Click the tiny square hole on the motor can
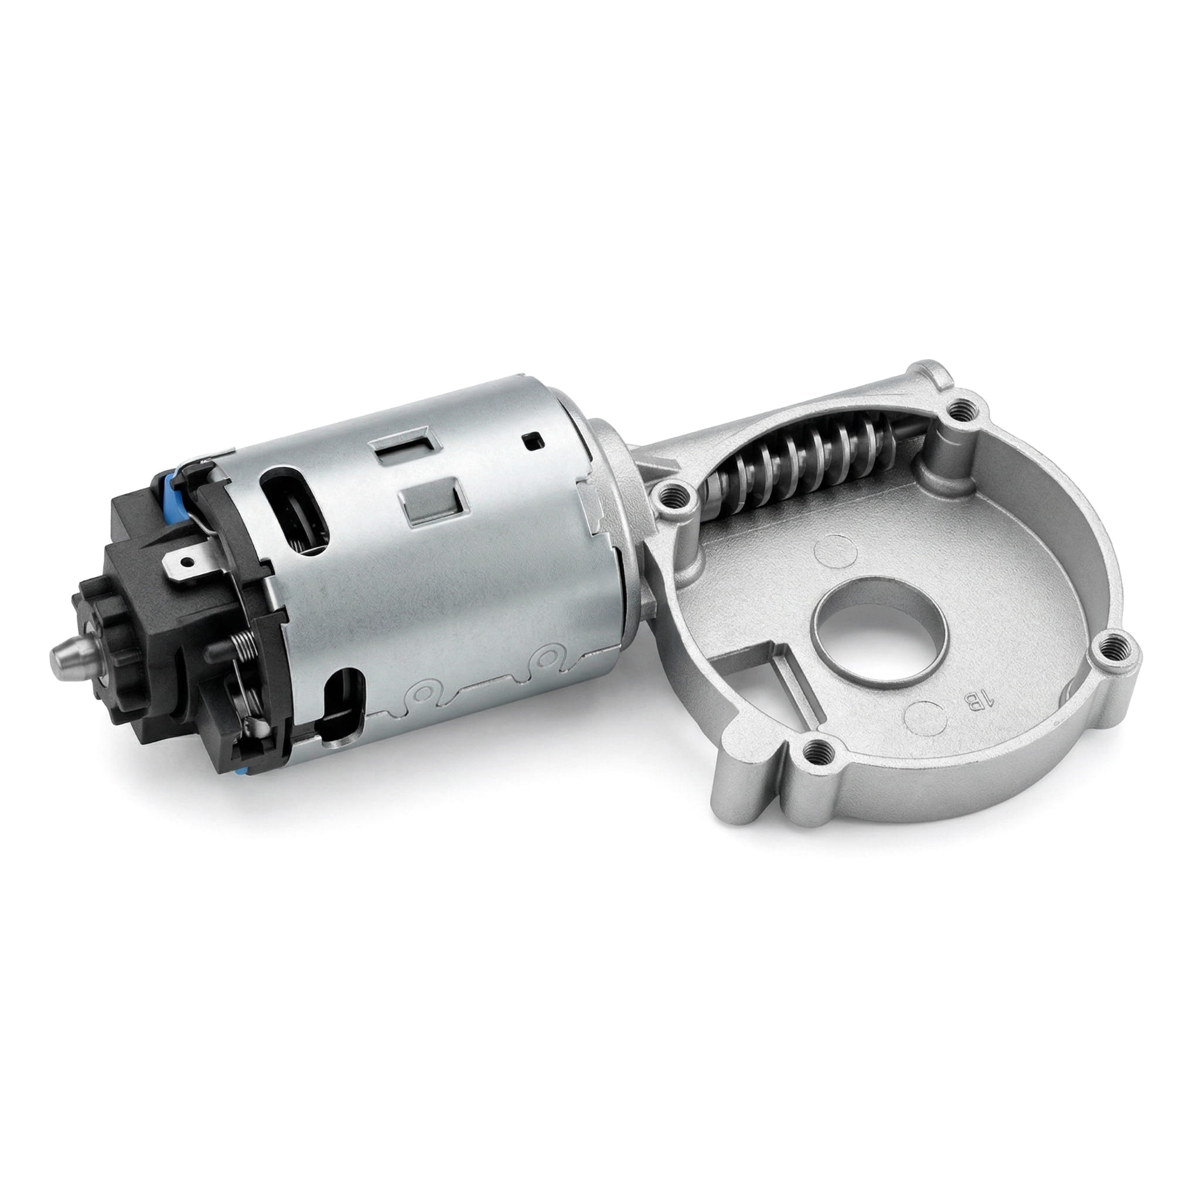(533, 442)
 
